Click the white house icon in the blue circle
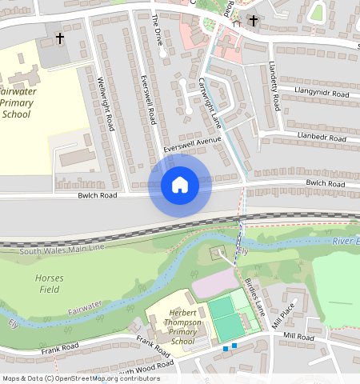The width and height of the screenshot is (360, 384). click(x=180, y=186)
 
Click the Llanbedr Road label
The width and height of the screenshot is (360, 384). click(x=322, y=138)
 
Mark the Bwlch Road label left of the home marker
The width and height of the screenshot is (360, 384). click(x=97, y=195)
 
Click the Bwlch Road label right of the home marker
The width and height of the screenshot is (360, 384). click(x=325, y=183)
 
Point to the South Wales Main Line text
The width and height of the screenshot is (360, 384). click(x=62, y=250)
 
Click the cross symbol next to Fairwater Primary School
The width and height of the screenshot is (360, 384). click(x=59, y=38)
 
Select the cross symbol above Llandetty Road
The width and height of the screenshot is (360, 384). click(x=254, y=20)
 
